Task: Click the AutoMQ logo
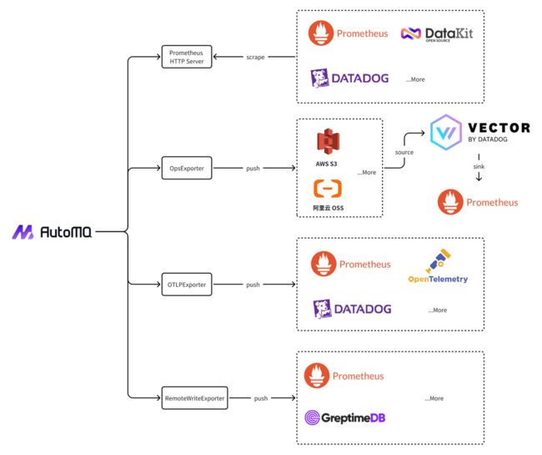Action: pyautogui.click(x=52, y=232)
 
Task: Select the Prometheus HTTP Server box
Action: pyautogui.click(x=187, y=57)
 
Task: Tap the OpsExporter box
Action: pyautogui.click(x=187, y=168)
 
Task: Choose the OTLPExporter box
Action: pyautogui.click(x=187, y=285)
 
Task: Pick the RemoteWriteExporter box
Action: pyautogui.click(x=194, y=398)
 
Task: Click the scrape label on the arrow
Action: pyautogui.click(x=255, y=57)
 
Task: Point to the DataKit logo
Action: pyautogui.click(x=437, y=34)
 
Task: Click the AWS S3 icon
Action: pyautogui.click(x=329, y=141)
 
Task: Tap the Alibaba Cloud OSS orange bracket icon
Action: pyautogui.click(x=328, y=189)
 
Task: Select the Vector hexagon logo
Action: pyautogui.click(x=446, y=132)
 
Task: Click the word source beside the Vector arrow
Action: pyautogui.click(x=404, y=152)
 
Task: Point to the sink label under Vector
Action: pyautogui.click(x=479, y=166)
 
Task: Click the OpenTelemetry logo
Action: pyautogui.click(x=438, y=265)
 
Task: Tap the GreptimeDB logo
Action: pyautogui.click(x=344, y=417)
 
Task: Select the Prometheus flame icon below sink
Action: pyautogui.click(x=450, y=202)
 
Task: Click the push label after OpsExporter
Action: pyautogui.click(x=253, y=169)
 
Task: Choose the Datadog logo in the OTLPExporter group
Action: pyautogui.click(x=352, y=309)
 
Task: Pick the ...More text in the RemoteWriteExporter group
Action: pyautogui.click(x=434, y=398)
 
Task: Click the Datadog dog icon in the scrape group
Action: pyautogui.click(x=319, y=78)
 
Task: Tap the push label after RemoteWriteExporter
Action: pyautogui.click(x=261, y=398)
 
